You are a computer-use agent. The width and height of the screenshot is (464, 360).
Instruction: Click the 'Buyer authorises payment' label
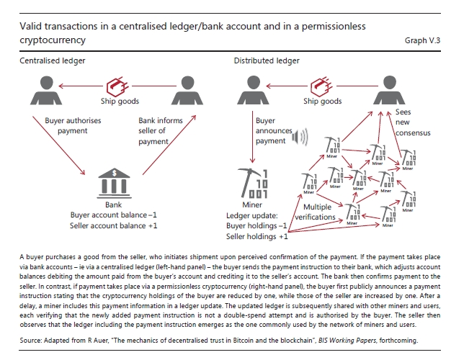click(66, 126)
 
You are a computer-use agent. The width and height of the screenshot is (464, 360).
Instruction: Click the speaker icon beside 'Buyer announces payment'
click(295, 136)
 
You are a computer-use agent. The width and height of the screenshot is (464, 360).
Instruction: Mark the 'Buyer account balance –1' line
click(110, 214)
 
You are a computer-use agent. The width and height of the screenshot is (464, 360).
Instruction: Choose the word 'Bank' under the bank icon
click(110, 203)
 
